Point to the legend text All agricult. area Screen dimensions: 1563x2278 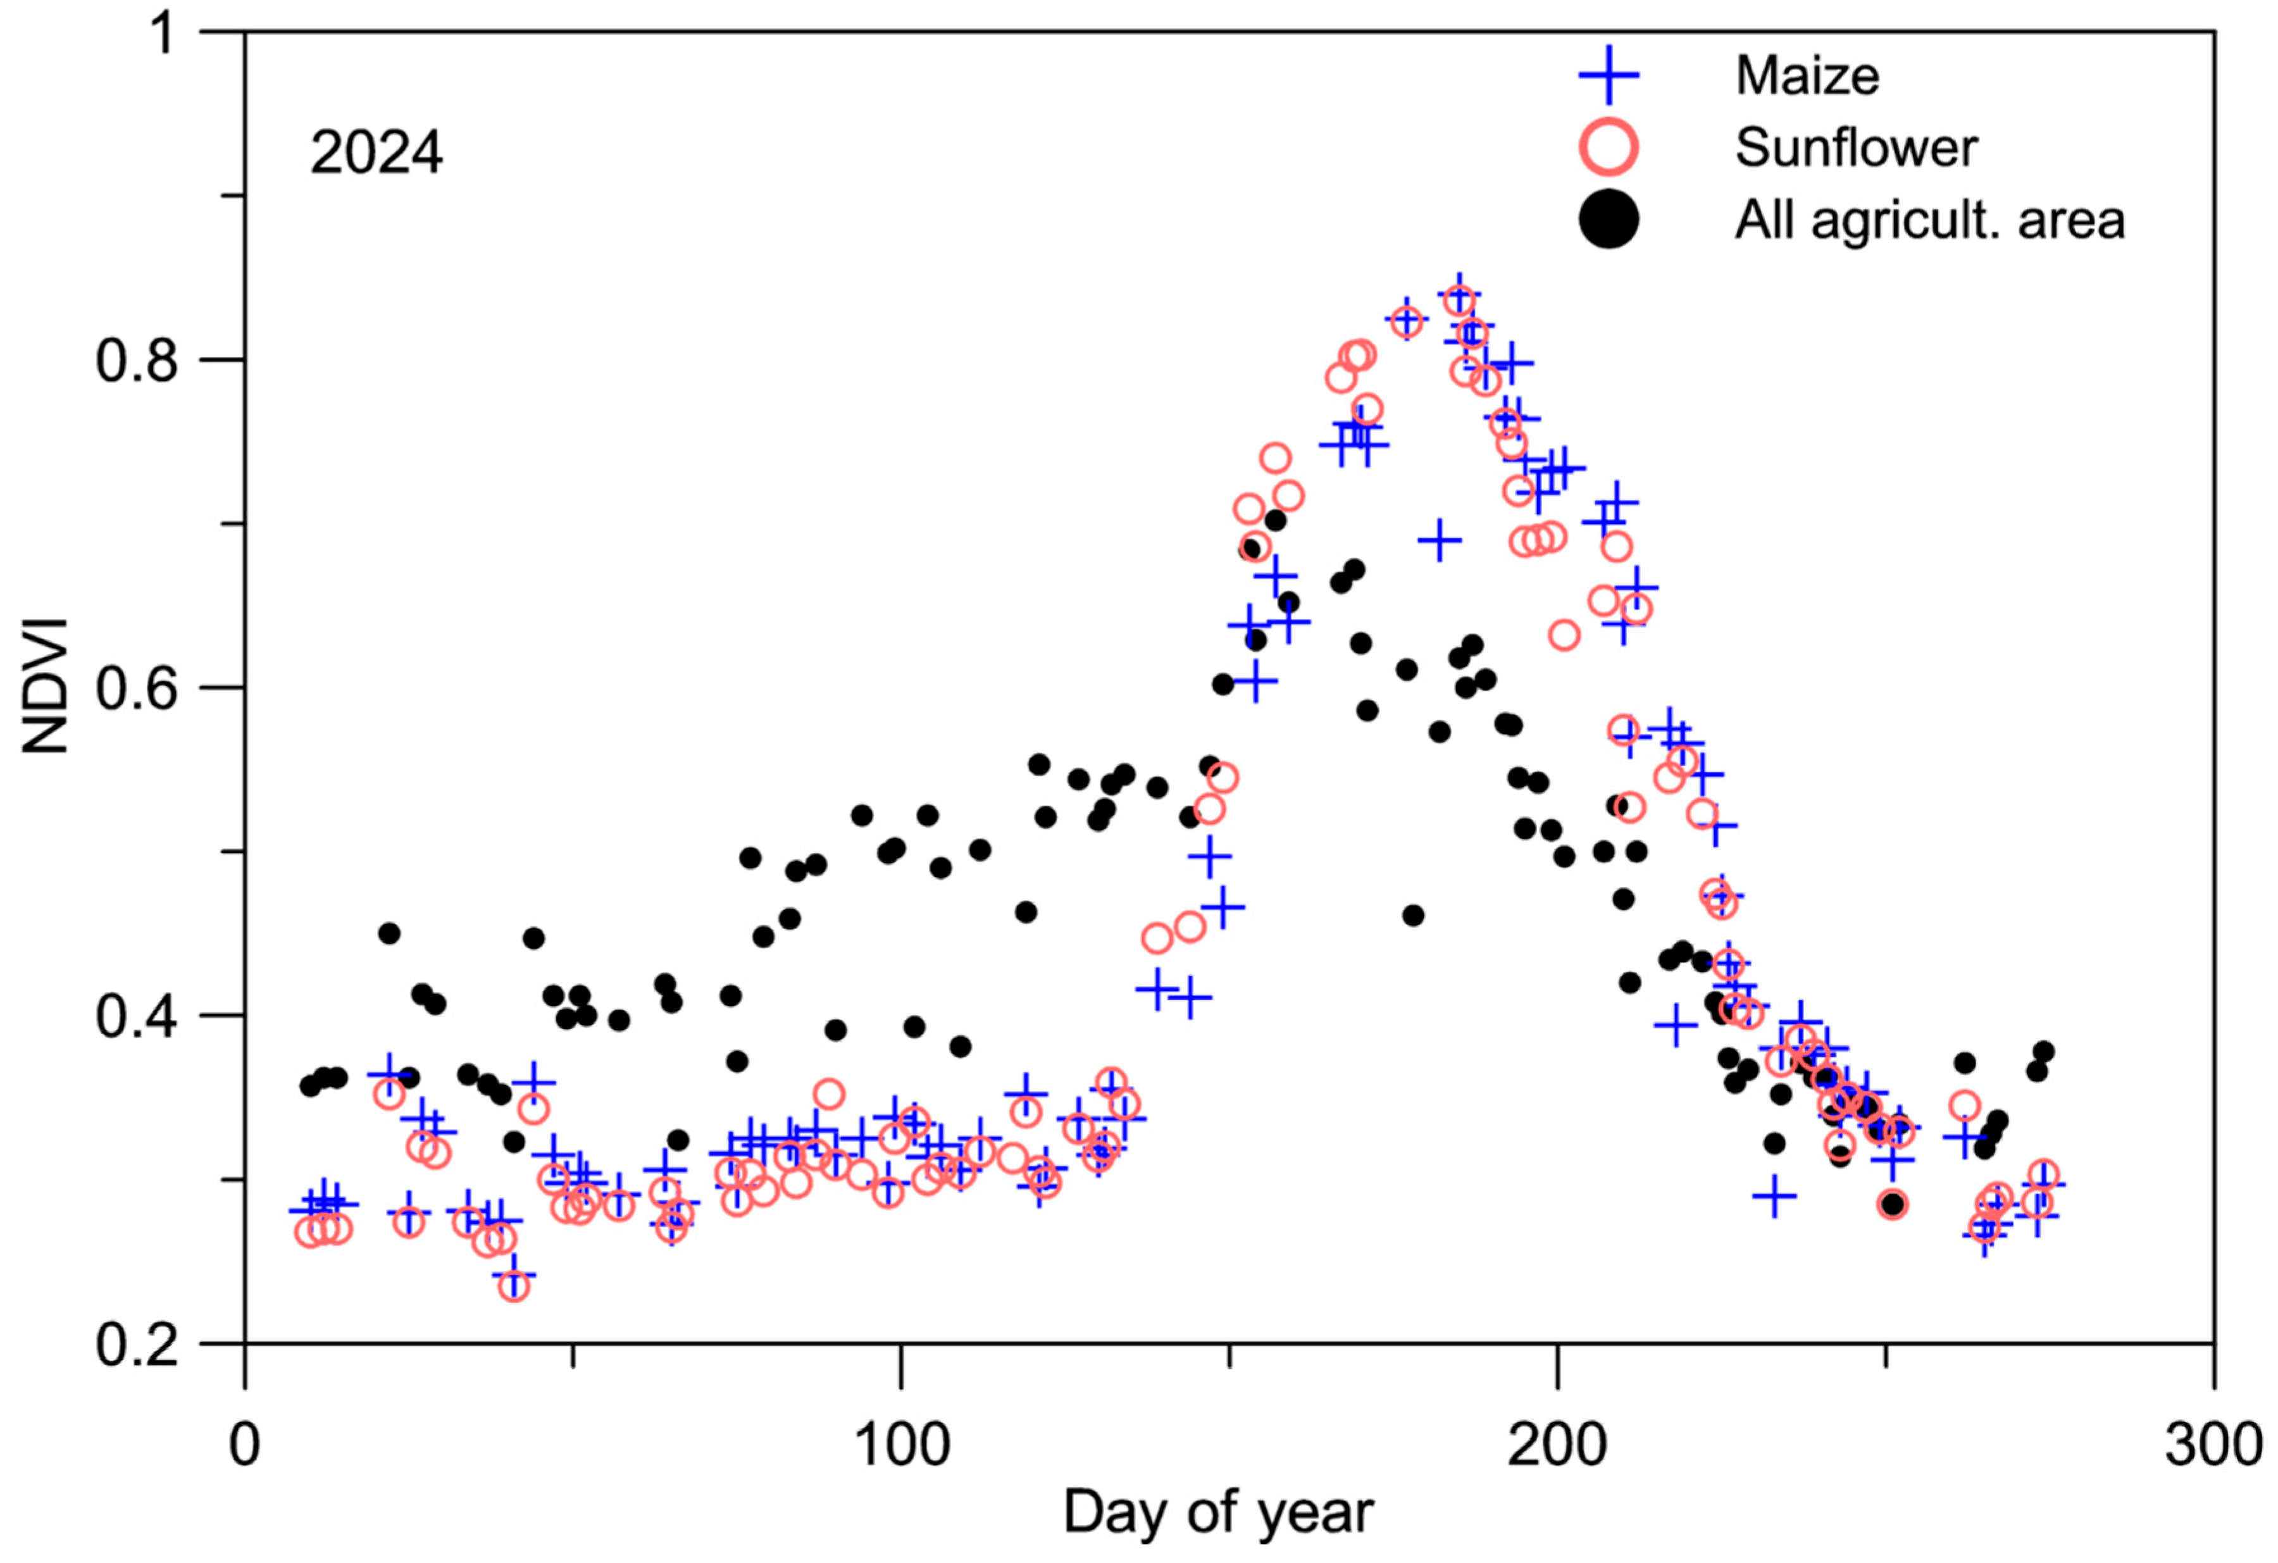pos(1929,220)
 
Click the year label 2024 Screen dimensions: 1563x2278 pos(377,154)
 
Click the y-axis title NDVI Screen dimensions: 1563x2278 pos(46,686)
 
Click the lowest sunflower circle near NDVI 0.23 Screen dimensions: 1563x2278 pos(514,1286)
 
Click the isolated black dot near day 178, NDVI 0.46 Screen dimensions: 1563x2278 pos(1412,915)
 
